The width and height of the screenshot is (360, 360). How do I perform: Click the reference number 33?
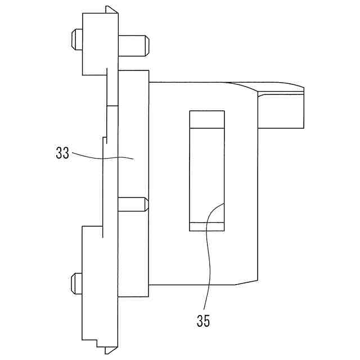click(x=62, y=153)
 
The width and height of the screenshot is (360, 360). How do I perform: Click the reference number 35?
click(x=204, y=321)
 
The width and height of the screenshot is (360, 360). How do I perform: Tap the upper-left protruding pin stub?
click(x=77, y=39)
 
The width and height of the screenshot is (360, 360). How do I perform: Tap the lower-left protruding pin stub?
click(x=76, y=283)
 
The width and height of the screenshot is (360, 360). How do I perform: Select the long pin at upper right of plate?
click(x=134, y=46)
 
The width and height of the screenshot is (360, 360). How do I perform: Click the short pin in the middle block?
click(x=133, y=204)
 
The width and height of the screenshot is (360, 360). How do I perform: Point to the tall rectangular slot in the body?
click(x=207, y=170)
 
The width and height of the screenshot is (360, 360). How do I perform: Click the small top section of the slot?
click(x=207, y=119)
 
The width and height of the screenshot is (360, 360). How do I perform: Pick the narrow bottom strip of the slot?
click(x=207, y=227)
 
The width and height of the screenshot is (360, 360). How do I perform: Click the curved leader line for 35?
click(x=208, y=253)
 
